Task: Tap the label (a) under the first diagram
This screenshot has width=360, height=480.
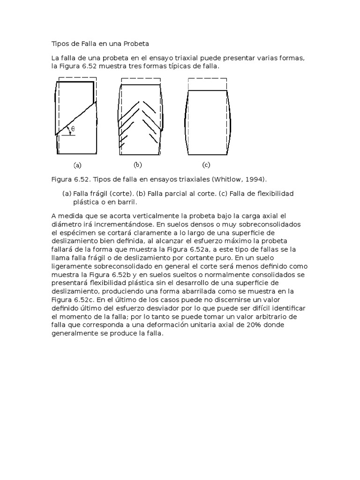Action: (77, 165)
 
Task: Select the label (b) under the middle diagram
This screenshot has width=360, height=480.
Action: (138, 165)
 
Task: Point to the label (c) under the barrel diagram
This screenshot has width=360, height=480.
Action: (206, 165)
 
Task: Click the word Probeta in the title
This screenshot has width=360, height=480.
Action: (136, 44)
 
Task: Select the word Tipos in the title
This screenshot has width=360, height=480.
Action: (60, 44)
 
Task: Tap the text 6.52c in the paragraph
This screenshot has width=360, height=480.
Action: (83, 300)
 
